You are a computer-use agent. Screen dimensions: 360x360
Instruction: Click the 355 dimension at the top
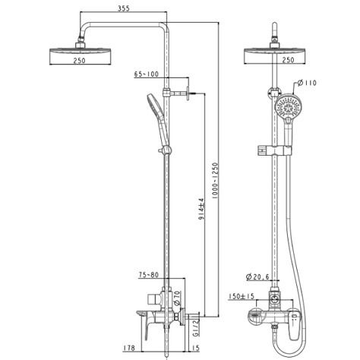[x=124, y=8]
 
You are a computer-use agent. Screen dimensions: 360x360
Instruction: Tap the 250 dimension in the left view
[x=79, y=61]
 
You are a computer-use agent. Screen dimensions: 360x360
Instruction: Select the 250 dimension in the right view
[x=288, y=60]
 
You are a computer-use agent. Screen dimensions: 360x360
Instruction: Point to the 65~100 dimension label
[x=147, y=74]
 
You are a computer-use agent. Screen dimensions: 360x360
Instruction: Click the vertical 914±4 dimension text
[x=201, y=209]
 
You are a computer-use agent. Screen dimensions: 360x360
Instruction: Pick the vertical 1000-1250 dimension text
[x=215, y=180]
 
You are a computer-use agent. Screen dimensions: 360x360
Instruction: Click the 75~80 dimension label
[x=149, y=275]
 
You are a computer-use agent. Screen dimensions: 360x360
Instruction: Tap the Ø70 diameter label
[x=177, y=298]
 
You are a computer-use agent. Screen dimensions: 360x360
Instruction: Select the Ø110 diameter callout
[x=307, y=83]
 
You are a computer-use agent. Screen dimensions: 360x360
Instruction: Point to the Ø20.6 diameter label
[x=257, y=277]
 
